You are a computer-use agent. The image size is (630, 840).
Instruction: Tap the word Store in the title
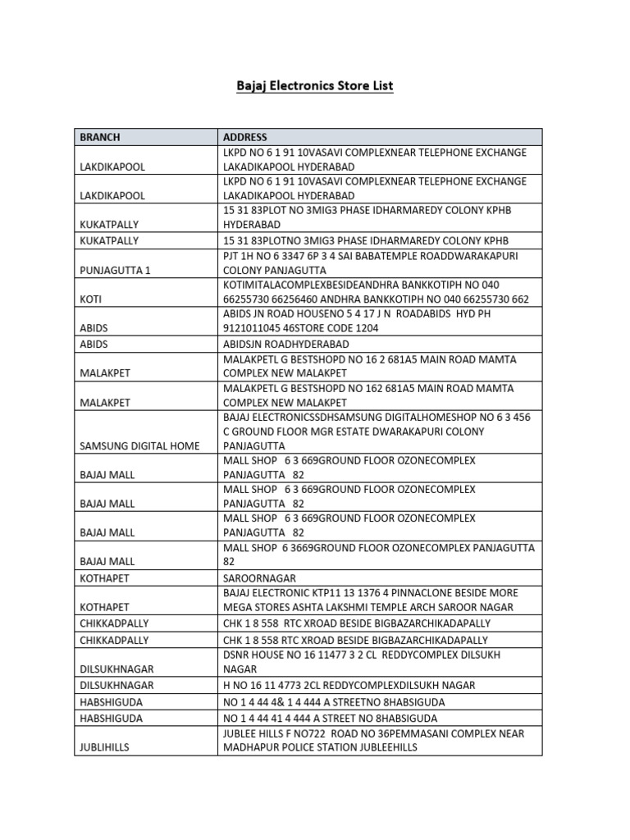(351, 85)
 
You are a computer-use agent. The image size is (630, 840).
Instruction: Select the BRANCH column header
(99, 137)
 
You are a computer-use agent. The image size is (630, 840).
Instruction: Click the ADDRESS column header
(244, 137)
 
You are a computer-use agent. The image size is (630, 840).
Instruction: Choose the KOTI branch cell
(90, 299)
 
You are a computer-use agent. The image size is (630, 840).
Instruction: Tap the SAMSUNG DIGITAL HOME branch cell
(139, 445)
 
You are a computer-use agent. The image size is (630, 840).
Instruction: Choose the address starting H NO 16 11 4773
(349, 685)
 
